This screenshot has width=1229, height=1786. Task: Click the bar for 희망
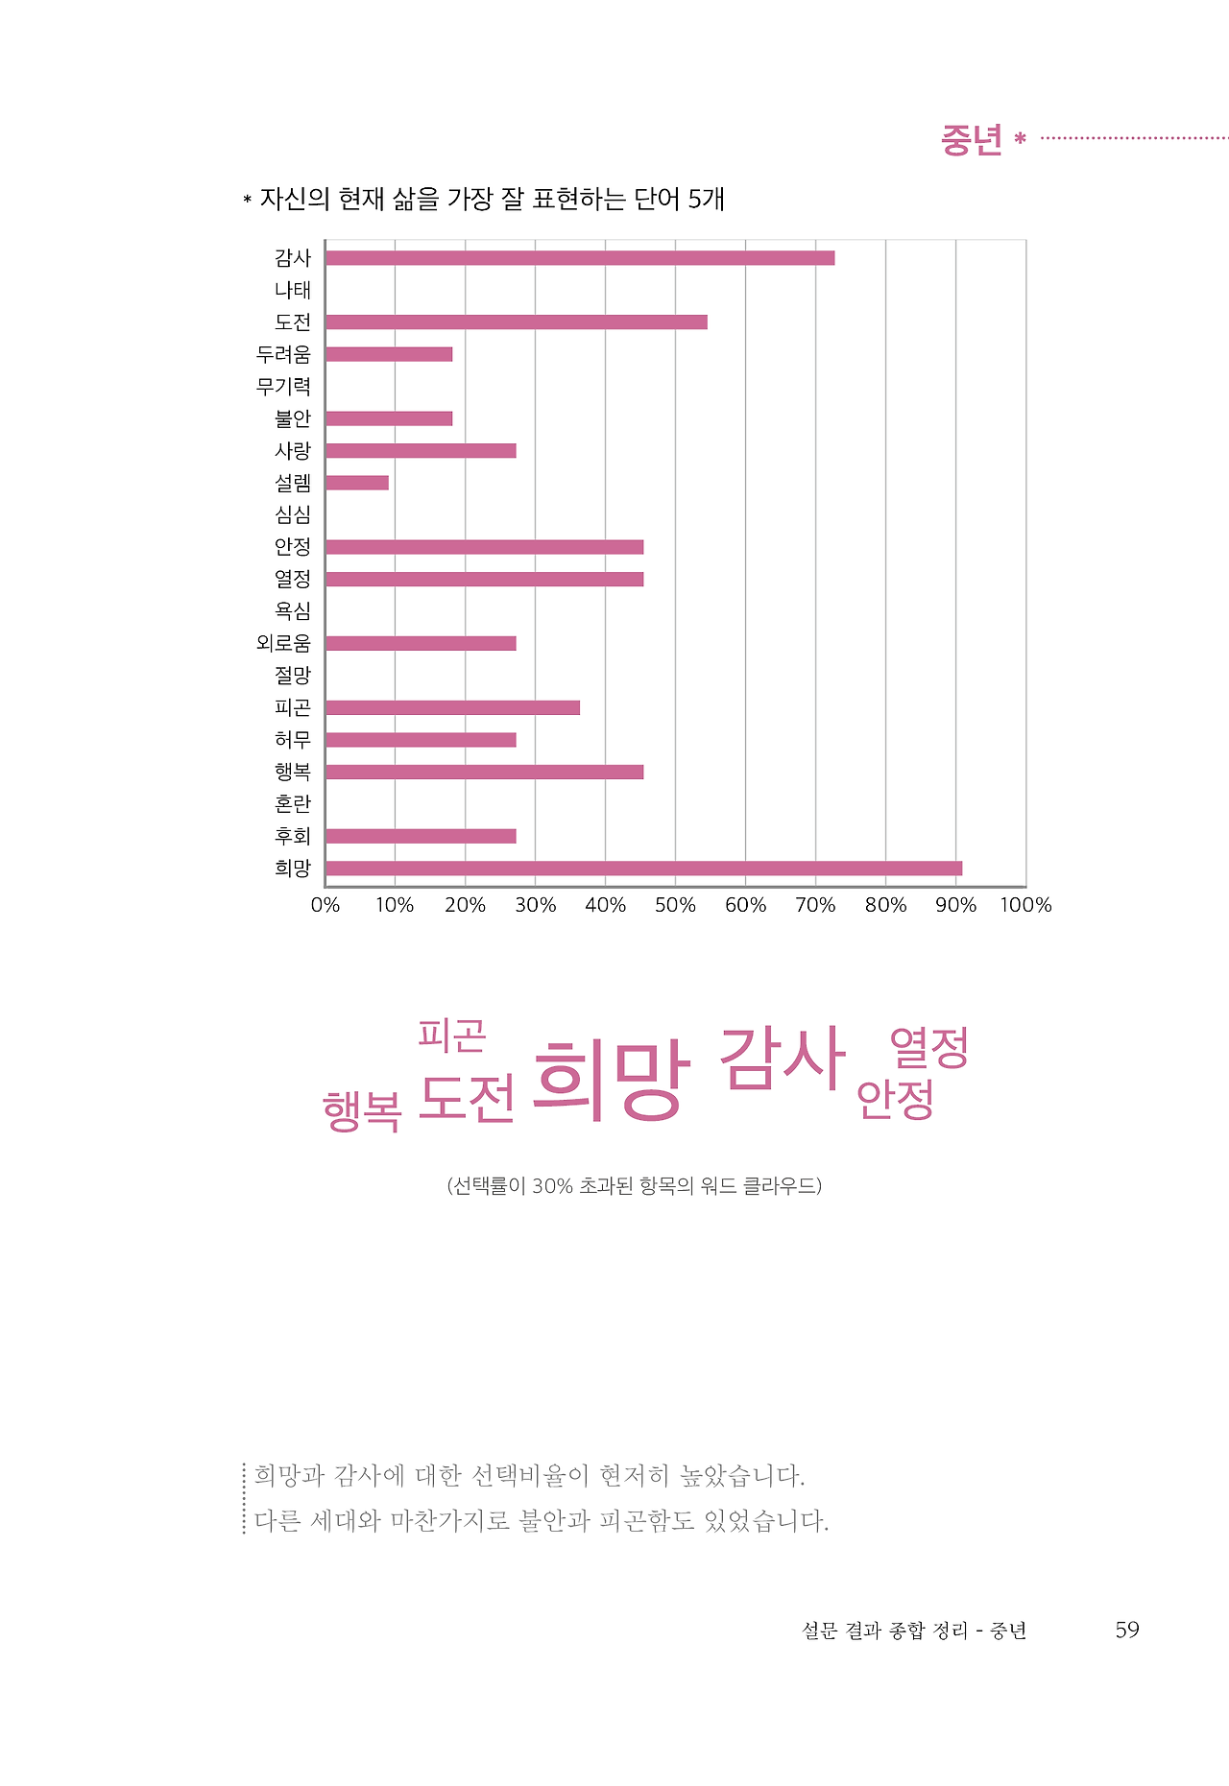pyautogui.click(x=643, y=869)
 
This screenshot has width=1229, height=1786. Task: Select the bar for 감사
pyautogui.click(x=580, y=258)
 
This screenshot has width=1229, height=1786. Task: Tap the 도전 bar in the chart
pyautogui.click(x=517, y=322)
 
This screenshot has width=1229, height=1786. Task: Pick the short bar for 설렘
pyautogui.click(x=357, y=483)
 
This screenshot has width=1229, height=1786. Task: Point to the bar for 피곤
pyautogui.click(x=452, y=708)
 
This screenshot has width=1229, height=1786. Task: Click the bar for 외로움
pyautogui.click(x=421, y=644)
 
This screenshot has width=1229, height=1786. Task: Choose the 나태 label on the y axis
pyautogui.click(x=293, y=290)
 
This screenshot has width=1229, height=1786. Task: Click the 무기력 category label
pyautogui.click(x=283, y=387)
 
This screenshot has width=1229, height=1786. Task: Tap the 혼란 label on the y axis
pyautogui.click(x=293, y=804)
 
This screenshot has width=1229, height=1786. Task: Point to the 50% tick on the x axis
pyautogui.click(x=675, y=905)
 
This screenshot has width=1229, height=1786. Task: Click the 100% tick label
pyautogui.click(x=1025, y=905)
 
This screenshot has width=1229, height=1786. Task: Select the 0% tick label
pyautogui.click(x=325, y=905)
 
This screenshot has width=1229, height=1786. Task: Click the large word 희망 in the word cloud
pyautogui.click(x=611, y=1080)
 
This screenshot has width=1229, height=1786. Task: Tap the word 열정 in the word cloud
pyautogui.click(x=928, y=1047)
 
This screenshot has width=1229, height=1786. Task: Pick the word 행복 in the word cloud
pyautogui.click(x=362, y=1112)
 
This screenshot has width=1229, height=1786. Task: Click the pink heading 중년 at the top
pyautogui.click(x=971, y=140)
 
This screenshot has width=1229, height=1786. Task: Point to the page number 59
pyautogui.click(x=1127, y=1631)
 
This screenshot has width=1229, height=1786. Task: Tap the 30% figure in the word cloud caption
pyautogui.click(x=552, y=1186)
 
